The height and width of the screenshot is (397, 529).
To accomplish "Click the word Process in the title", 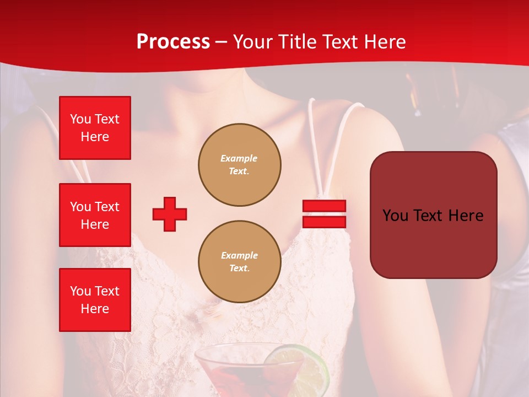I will [173, 42].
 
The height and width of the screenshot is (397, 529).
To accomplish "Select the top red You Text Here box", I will [95, 128].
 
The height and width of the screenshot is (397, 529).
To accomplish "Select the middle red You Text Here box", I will [95, 215].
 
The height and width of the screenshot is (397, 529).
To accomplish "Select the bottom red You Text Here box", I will [95, 299].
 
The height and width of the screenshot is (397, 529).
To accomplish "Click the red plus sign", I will [170, 214].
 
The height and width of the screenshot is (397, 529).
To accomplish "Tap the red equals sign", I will [324, 214].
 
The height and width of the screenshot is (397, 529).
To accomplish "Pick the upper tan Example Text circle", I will [239, 165].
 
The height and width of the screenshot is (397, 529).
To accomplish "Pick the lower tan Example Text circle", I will [239, 262].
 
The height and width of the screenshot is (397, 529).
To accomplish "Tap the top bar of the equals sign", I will [324, 206].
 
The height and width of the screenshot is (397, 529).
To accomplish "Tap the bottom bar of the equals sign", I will [324, 222].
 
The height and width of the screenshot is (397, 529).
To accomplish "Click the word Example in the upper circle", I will [239, 158].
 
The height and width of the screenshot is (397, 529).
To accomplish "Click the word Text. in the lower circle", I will [239, 269].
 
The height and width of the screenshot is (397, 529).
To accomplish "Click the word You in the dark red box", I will [395, 215].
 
